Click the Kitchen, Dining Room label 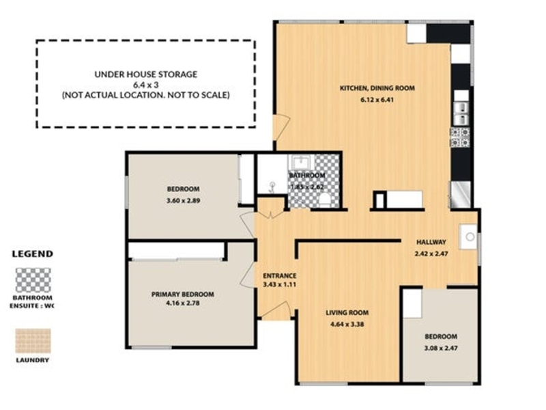point(377,88)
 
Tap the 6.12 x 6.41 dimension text point(377,100)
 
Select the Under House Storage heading point(146,74)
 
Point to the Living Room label point(347,313)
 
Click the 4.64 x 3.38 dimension point(347,324)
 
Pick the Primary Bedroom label point(182,295)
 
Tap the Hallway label point(431,242)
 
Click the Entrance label point(280,276)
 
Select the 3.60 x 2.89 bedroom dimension point(183,201)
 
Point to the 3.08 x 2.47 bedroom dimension point(441,348)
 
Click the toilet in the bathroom point(325,201)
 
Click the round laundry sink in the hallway point(469,236)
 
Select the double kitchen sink point(461,113)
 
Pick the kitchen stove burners point(460,137)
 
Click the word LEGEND point(32,254)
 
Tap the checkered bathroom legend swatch point(33,280)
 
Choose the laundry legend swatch point(33,340)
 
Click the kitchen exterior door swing point(282,128)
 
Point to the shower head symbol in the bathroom point(272,187)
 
